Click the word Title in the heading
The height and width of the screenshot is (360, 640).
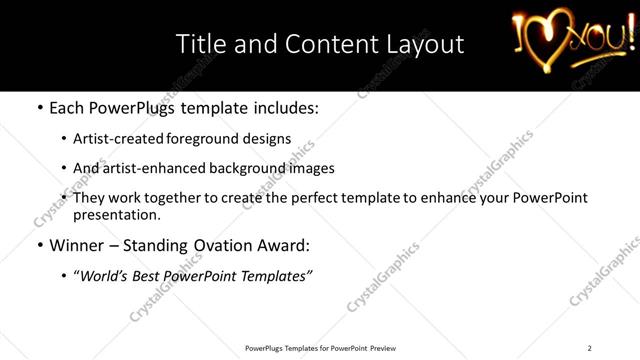point(198,44)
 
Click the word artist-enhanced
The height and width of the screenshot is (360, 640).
point(152,168)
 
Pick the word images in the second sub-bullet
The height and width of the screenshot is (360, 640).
point(311,168)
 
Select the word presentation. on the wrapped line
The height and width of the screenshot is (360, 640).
point(116,214)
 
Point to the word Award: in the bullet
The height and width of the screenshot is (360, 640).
point(283,245)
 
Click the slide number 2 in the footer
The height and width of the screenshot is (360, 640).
point(589,348)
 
